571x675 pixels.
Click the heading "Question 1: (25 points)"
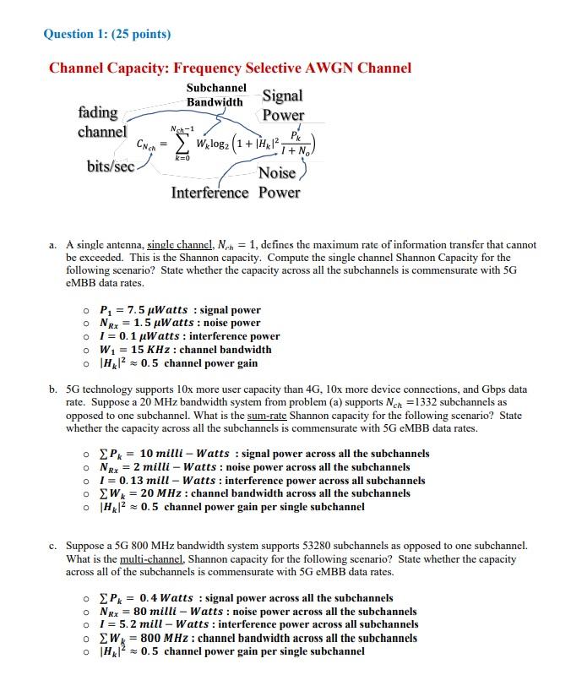click(x=106, y=34)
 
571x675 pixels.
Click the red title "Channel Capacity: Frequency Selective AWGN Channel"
click(x=230, y=68)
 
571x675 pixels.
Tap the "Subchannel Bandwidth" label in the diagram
click(x=215, y=95)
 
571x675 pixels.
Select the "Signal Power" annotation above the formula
click(x=283, y=106)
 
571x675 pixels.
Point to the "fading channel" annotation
click(x=101, y=122)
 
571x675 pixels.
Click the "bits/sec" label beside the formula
click(x=110, y=166)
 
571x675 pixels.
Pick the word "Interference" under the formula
click(x=210, y=193)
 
